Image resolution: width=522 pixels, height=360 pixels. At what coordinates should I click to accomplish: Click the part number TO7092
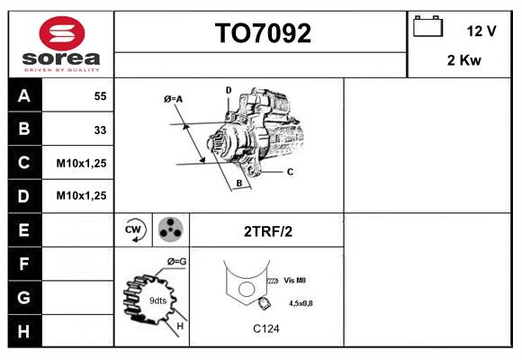tap(262, 33)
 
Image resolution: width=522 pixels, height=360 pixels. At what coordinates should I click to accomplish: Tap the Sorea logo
tap(61, 42)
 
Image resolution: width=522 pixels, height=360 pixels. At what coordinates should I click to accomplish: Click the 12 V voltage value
tap(481, 31)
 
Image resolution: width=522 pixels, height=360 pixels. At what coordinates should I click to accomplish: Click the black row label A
tap(24, 96)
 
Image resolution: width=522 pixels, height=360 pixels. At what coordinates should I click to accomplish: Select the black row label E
tap(24, 229)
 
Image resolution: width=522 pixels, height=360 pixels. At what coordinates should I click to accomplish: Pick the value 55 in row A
tap(100, 95)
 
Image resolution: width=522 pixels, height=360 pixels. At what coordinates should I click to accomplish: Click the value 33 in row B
tap(100, 130)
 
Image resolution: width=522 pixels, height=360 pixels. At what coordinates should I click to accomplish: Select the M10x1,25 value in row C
tap(81, 163)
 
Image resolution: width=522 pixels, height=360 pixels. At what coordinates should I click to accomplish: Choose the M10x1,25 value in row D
tap(81, 195)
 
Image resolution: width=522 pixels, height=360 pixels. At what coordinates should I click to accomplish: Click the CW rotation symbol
tap(134, 229)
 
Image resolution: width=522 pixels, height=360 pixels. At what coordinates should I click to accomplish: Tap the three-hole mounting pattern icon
tap(169, 229)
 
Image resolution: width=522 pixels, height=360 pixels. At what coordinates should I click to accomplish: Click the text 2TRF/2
tap(268, 231)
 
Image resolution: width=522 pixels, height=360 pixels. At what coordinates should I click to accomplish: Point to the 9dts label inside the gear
tap(157, 300)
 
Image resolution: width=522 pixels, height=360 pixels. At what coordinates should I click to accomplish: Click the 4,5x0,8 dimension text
tap(301, 303)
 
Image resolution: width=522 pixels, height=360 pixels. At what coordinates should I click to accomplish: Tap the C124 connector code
tap(265, 328)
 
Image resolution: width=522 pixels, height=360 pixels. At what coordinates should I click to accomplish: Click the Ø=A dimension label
tap(174, 99)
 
